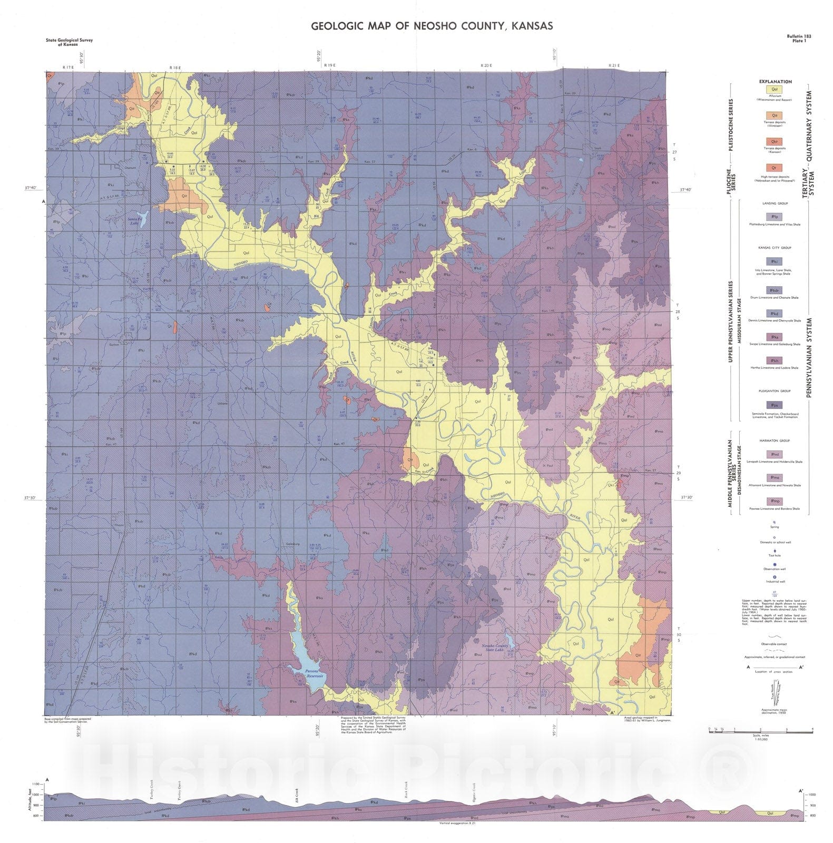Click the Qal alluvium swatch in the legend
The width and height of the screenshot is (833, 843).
tap(774, 90)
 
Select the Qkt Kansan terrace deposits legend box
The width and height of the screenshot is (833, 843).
tap(774, 141)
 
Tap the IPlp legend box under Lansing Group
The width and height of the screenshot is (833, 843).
tap(774, 217)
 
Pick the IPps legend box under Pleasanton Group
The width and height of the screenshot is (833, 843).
tap(774, 405)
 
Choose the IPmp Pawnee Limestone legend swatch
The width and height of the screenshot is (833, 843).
tap(774, 501)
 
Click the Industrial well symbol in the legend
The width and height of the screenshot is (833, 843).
tap(774, 577)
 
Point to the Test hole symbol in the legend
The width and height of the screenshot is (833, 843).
tap(774, 551)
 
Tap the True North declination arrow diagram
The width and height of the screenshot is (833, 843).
tap(774, 694)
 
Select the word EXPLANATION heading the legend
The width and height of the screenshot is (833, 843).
tap(775, 82)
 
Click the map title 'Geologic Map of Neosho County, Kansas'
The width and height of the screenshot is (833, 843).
tap(432, 26)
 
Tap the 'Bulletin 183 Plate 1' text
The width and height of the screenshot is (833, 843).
tap(799, 38)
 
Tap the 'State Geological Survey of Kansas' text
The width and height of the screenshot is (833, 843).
tap(70, 42)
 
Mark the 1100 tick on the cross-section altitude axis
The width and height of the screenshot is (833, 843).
tap(36, 785)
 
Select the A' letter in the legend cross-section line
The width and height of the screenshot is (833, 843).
tap(801, 667)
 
